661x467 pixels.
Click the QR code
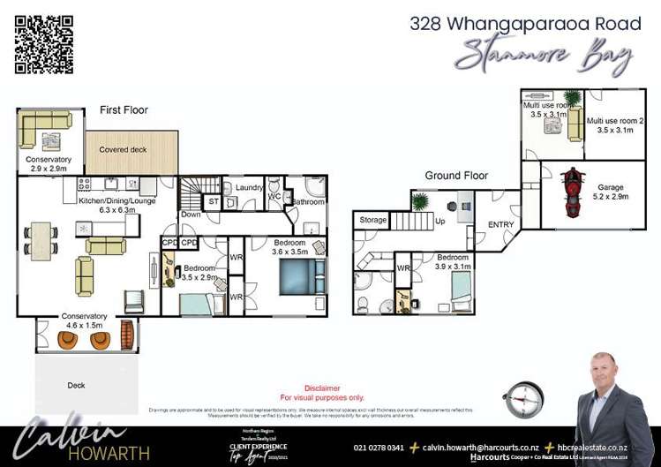pyautogui.click(x=44, y=44)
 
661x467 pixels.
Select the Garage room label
pyautogui.click(x=610, y=187)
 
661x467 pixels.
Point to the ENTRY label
pyautogui.click(x=500, y=224)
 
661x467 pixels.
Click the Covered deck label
pyautogui.click(x=123, y=150)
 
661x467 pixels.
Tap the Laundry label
pyautogui.click(x=250, y=187)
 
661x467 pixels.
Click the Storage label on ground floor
pyautogui.click(x=373, y=219)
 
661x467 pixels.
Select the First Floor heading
pyautogui.click(x=124, y=110)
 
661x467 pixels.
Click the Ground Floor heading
pyautogui.click(x=456, y=176)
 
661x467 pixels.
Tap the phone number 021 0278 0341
pyautogui.click(x=379, y=448)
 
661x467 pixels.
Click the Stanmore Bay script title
pyautogui.click(x=544, y=55)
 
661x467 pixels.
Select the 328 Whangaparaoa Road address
pyautogui.click(x=522, y=23)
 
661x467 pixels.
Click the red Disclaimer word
pyautogui.click(x=322, y=388)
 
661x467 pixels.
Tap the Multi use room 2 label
pyautogui.click(x=615, y=124)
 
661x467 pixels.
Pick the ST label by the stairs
pyautogui.click(x=212, y=202)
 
